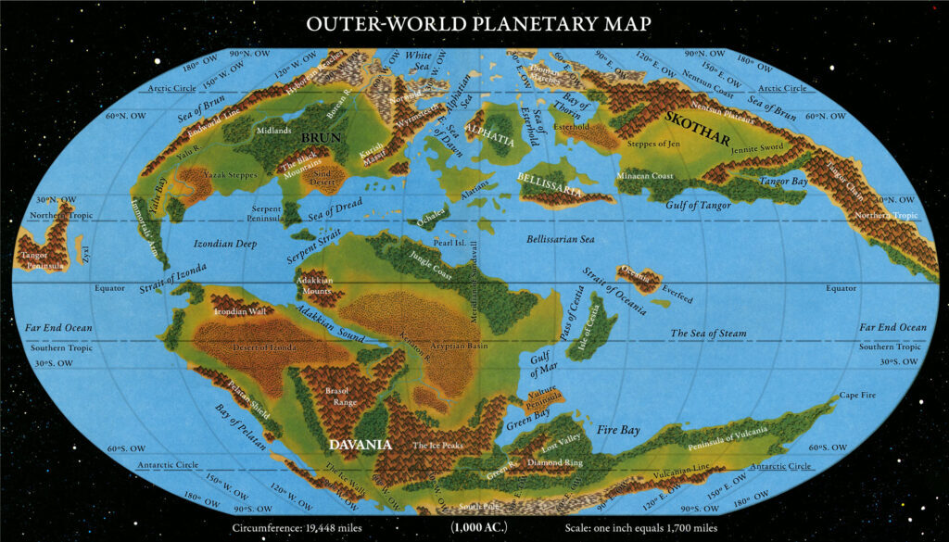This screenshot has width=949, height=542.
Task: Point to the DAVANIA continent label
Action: [361, 445]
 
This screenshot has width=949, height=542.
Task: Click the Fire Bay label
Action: [618, 430]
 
